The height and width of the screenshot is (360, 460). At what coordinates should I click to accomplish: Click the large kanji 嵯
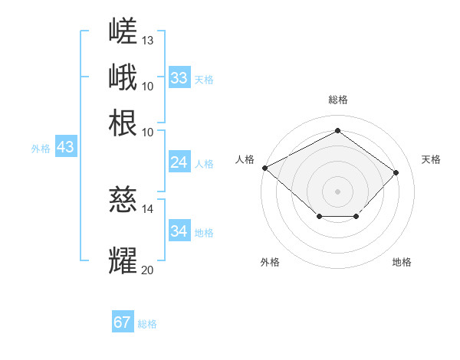(x=123, y=31)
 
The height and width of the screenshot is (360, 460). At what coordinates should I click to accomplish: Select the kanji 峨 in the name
(x=123, y=77)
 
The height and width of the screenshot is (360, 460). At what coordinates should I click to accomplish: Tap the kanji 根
(x=123, y=123)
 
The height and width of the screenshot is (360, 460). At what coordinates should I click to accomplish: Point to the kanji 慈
(x=123, y=199)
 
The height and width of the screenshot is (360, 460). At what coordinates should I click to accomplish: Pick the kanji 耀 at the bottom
(x=123, y=260)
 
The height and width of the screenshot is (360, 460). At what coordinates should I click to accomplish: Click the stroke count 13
(x=147, y=41)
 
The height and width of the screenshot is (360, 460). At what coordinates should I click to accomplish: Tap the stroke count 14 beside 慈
(x=147, y=209)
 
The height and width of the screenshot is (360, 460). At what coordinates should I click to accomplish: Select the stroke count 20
(x=147, y=270)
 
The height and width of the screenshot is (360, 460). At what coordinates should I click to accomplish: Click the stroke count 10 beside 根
(x=147, y=133)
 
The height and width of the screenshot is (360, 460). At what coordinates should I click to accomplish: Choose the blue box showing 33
(x=179, y=77)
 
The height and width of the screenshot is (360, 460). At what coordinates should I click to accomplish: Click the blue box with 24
(x=179, y=162)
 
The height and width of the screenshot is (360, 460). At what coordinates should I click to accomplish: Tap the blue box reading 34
(x=179, y=230)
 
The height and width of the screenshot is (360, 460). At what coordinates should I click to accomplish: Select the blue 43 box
(x=66, y=146)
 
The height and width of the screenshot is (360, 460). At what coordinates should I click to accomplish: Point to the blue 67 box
(x=123, y=321)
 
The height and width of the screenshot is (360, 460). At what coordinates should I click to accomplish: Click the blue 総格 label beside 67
(x=147, y=324)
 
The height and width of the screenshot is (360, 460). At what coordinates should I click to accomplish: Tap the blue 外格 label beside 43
(x=41, y=149)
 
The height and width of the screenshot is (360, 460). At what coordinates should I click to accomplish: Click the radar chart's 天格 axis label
(x=431, y=159)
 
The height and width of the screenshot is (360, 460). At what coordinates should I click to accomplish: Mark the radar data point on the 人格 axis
(x=265, y=168)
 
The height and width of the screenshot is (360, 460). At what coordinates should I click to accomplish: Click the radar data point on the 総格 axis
(x=337, y=130)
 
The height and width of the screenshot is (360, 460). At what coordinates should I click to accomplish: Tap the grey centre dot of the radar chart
(x=337, y=191)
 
